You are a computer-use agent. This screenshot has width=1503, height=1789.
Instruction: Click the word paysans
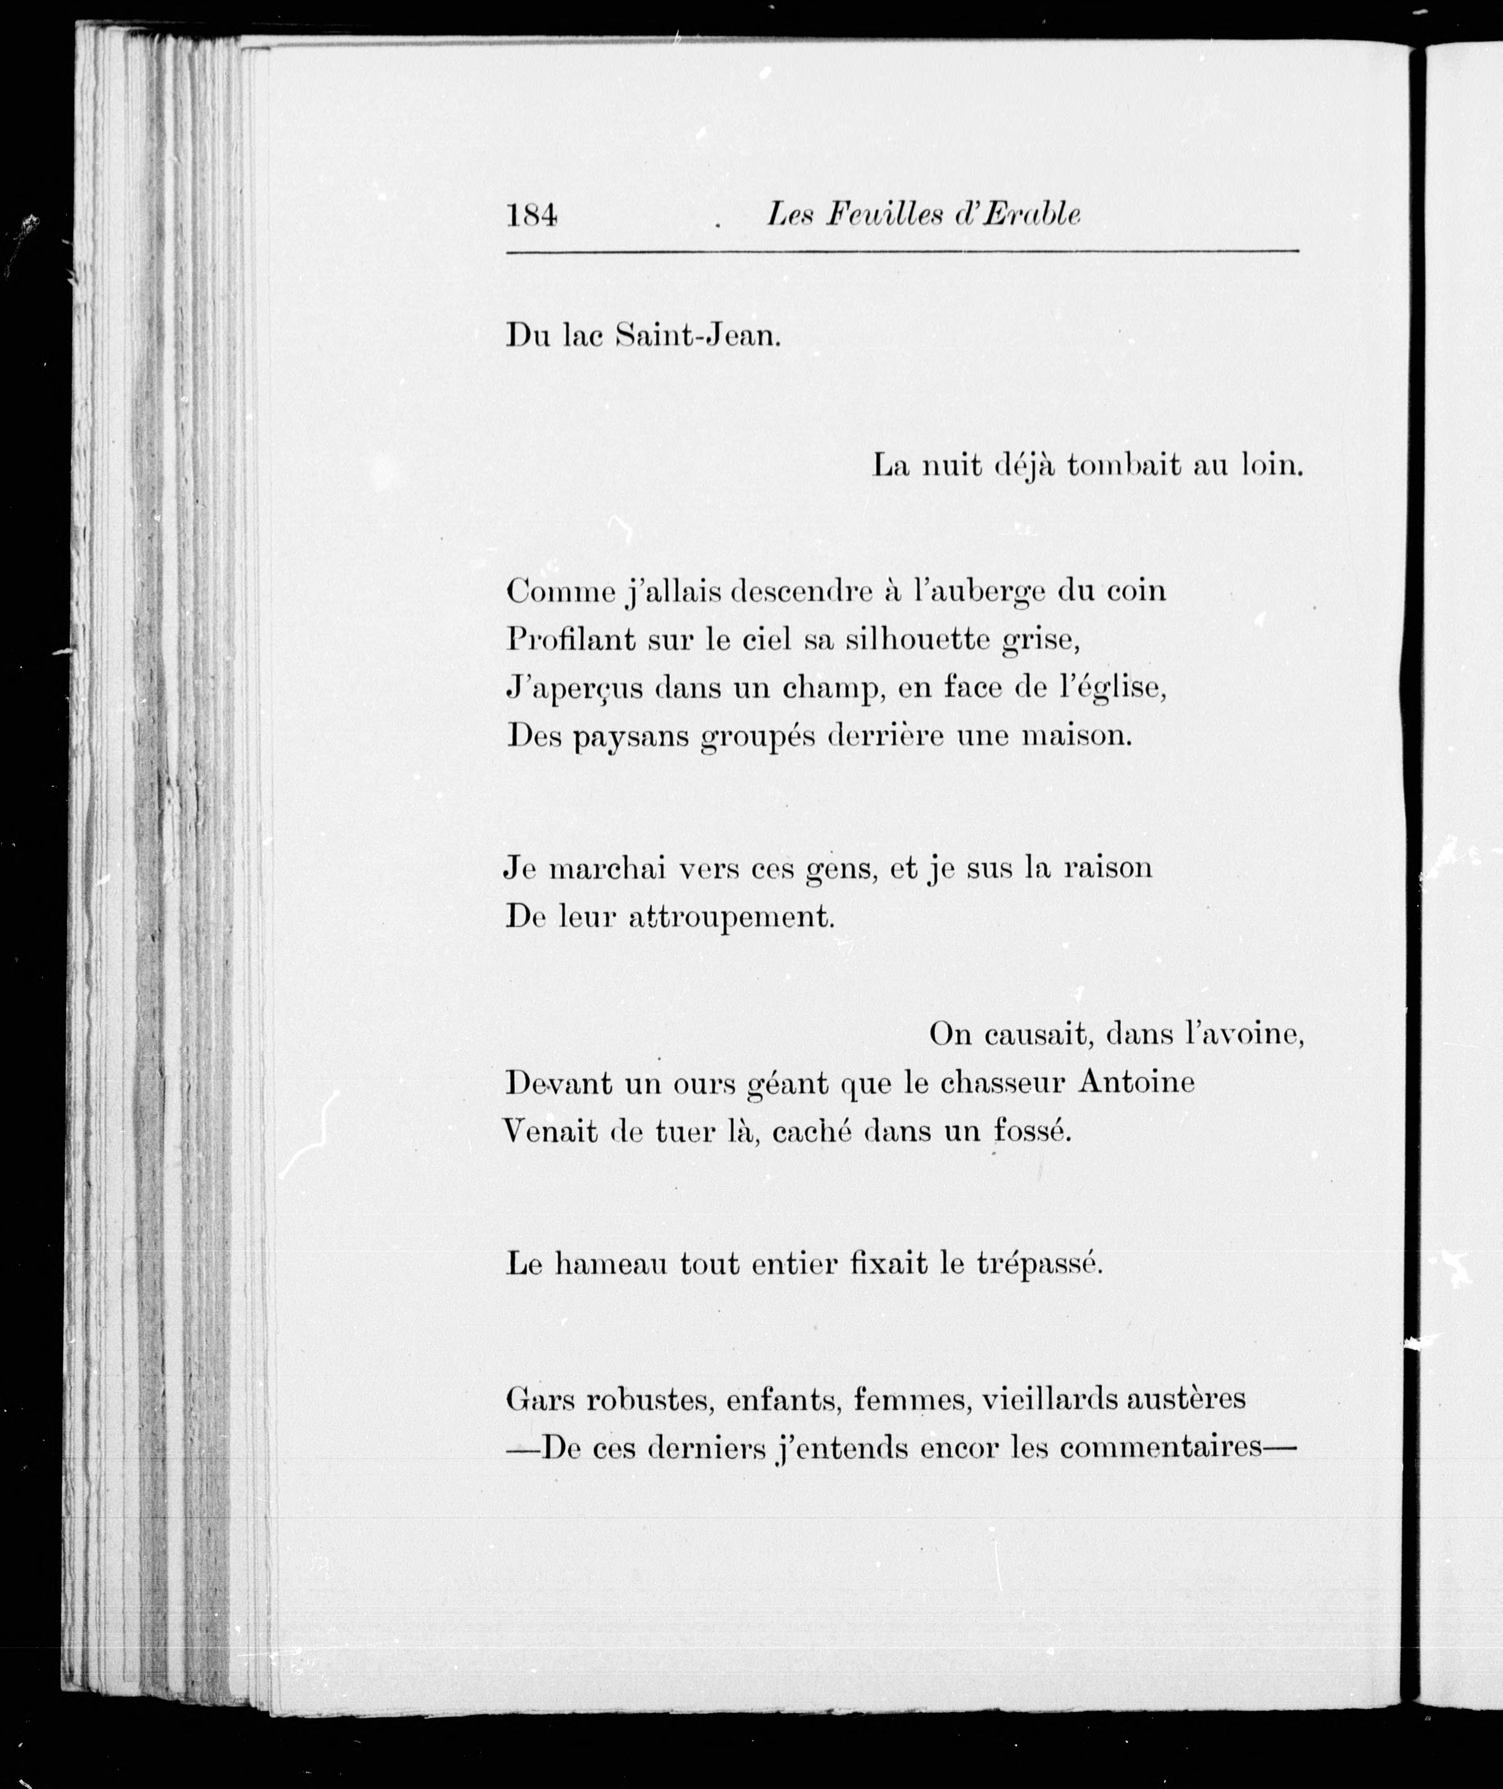(x=631, y=737)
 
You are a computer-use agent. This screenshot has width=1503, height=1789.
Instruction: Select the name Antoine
(x=1136, y=1083)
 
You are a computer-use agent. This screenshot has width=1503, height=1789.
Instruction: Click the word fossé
(x=1032, y=1131)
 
